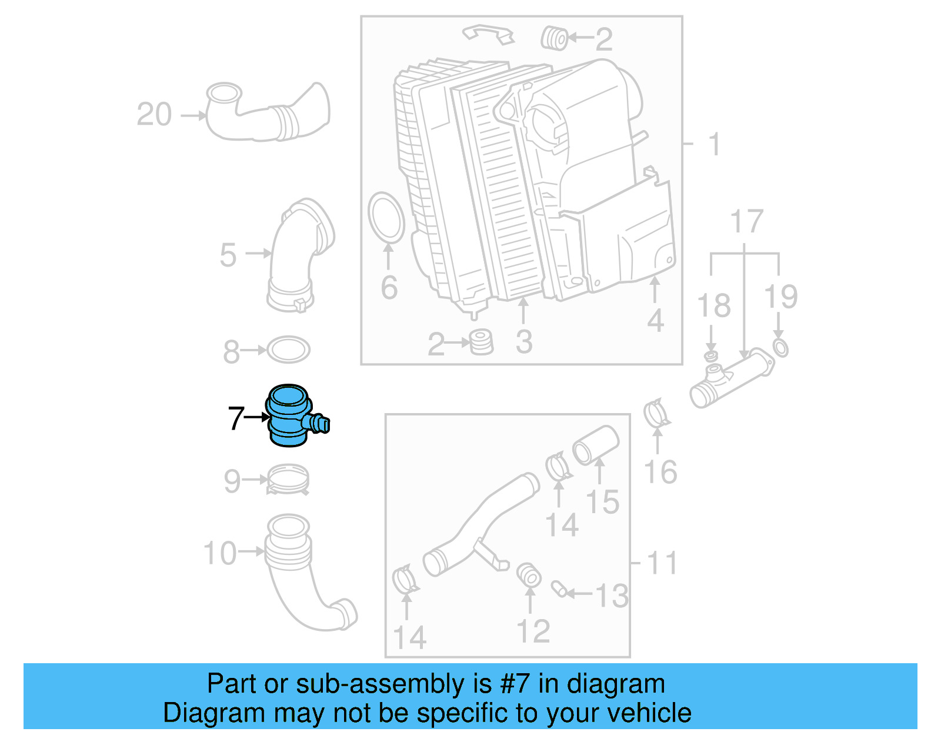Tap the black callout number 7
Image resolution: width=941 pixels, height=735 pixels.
[236, 418]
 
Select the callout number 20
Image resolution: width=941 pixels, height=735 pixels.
[154, 114]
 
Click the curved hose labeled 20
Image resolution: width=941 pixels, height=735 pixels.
[271, 115]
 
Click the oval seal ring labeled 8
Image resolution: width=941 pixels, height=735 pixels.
[288, 350]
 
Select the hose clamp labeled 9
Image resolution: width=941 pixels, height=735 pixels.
[288, 480]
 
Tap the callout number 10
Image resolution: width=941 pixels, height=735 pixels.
[220, 553]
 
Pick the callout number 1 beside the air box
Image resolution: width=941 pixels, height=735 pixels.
[714, 144]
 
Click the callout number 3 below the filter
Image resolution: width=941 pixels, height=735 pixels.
[523, 342]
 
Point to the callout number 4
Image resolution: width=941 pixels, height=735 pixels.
[655, 321]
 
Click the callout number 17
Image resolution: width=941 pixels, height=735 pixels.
[746, 222]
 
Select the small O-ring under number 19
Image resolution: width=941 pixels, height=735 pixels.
[780, 348]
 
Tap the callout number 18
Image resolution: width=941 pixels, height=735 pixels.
[713, 306]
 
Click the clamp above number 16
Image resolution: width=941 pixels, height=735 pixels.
[656, 414]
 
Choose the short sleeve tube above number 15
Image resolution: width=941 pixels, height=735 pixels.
[596, 445]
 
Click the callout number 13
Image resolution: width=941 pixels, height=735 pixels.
[612, 596]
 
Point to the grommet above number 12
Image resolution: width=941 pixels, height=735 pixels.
[529, 576]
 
